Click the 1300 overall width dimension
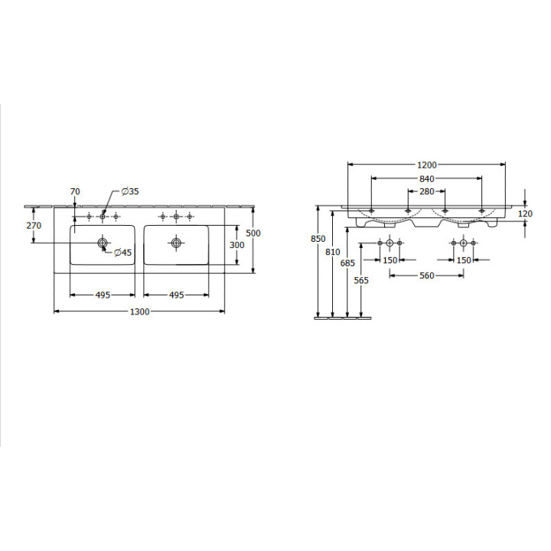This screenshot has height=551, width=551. pyautogui.click(x=140, y=311)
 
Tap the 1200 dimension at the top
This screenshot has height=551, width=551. pyautogui.click(x=427, y=165)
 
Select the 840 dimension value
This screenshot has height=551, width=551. pyautogui.click(x=427, y=179)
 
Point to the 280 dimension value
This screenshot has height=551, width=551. pyautogui.click(x=427, y=191)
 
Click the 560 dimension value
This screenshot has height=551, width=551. pyautogui.click(x=427, y=275)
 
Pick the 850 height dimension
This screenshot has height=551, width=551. pyautogui.click(x=318, y=239)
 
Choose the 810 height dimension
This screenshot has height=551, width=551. pyautogui.click(x=332, y=252)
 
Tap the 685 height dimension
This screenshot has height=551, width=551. pyautogui.click(x=347, y=262)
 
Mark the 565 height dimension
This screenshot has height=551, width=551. pyautogui.click(x=361, y=280)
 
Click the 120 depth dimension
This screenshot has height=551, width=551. pyautogui.click(x=525, y=214)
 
